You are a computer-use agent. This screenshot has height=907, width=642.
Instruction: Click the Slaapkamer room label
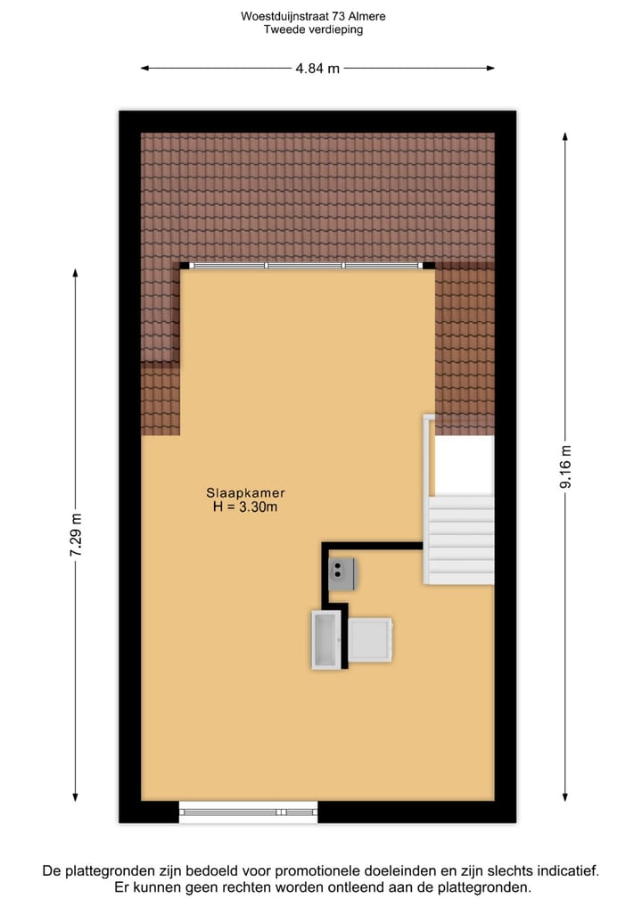click(x=245, y=492)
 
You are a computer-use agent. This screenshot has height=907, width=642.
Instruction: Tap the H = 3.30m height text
click(x=245, y=507)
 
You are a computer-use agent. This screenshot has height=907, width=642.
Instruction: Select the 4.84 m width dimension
click(x=317, y=68)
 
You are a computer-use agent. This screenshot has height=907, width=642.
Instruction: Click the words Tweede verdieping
click(x=313, y=29)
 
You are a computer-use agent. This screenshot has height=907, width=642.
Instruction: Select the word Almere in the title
click(x=367, y=16)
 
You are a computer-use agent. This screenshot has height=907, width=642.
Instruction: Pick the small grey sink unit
click(x=342, y=572)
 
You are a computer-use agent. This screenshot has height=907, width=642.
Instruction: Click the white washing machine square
click(x=369, y=639)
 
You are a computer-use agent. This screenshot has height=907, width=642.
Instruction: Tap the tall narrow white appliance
click(x=325, y=639)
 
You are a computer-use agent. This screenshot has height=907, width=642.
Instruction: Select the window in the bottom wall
click(x=248, y=812)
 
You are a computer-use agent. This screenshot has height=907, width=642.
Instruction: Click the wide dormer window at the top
click(x=306, y=265)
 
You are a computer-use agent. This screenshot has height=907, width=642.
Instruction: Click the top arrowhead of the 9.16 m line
click(x=564, y=136)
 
